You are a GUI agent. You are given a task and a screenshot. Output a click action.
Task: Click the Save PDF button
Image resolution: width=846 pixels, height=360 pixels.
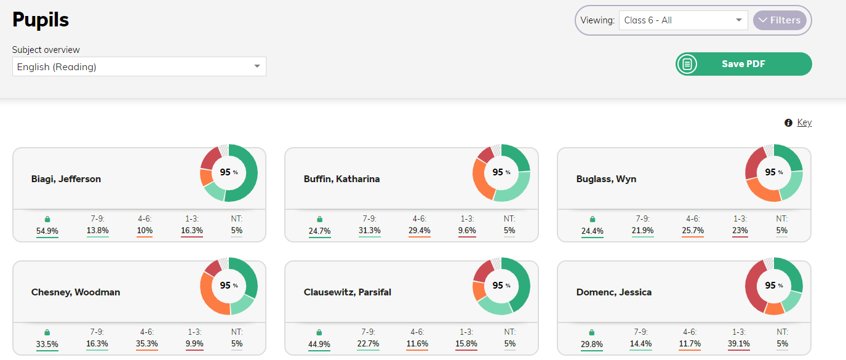click(x=743, y=64)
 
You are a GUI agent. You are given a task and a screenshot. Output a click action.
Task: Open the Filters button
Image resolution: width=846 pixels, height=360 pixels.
click(x=780, y=20)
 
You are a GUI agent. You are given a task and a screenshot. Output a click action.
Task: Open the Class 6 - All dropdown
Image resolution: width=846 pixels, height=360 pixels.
click(x=683, y=20)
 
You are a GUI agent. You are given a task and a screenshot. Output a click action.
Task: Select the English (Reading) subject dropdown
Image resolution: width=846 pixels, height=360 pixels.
click(x=139, y=66)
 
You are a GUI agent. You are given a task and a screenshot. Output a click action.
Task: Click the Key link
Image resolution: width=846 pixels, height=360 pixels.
click(x=804, y=122)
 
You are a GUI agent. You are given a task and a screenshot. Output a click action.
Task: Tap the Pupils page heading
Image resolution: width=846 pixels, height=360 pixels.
click(x=41, y=19)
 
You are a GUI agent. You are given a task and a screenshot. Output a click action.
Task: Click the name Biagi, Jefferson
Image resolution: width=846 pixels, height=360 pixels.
click(x=66, y=178)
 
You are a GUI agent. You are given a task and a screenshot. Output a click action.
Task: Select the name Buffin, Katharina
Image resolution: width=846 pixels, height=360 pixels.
click(x=341, y=178)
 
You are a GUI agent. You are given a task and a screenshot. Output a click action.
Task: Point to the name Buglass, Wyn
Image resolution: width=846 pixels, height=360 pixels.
click(x=606, y=178)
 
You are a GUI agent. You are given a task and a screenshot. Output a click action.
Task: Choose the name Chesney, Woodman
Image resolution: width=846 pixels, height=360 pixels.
click(x=76, y=292)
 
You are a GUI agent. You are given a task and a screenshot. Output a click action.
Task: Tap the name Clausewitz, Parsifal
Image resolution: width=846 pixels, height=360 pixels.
click(x=347, y=292)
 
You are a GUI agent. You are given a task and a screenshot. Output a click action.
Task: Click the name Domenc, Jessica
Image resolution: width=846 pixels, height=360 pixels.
click(x=613, y=292)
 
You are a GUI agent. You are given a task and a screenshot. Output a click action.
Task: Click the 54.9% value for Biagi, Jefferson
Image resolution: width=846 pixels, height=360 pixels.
click(x=47, y=230)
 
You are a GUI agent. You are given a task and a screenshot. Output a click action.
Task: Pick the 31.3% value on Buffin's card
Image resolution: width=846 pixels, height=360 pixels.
click(x=369, y=230)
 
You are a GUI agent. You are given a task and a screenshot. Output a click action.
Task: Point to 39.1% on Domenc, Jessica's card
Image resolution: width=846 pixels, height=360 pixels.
click(x=739, y=344)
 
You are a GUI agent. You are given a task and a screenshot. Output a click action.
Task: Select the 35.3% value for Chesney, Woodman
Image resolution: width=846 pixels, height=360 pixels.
click(x=147, y=344)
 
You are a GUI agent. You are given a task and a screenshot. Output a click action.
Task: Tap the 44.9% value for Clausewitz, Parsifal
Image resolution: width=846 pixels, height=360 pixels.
click(x=319, y=344)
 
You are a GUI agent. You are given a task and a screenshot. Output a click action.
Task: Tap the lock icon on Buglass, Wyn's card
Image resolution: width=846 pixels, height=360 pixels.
click(x=592, y=219)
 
